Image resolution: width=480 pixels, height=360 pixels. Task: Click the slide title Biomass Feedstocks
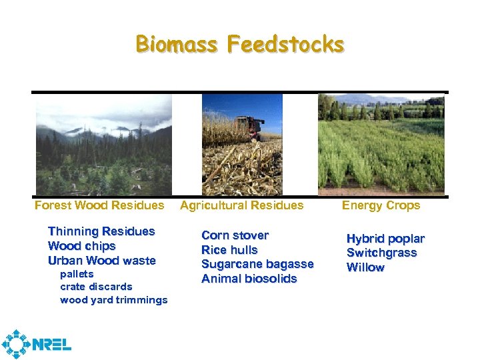click(240, 45)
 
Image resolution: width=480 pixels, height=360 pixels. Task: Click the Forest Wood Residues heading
click(99, 205)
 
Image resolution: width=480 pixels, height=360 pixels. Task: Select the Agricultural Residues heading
click(241, 205)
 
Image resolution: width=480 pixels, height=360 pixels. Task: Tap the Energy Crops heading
click(381, 205)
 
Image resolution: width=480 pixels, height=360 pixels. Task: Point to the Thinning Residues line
click(101, 231)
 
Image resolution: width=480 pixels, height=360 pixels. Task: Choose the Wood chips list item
click(81, 246)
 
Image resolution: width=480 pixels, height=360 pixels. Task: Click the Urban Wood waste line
click(101, 261)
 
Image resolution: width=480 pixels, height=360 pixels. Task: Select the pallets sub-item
click(77, 274)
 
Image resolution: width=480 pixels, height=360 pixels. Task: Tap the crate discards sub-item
click(96, 287)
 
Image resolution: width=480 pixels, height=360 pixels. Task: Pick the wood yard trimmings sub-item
click(113, 300)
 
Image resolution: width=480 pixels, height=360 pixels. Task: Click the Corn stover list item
click(235, 235)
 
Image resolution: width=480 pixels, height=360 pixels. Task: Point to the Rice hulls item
click(229, 250)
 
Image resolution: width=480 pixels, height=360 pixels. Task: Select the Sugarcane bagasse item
click(257, 265)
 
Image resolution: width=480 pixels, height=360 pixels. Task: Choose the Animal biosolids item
click(249, 279)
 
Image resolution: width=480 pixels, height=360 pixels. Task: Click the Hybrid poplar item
click(385, 239)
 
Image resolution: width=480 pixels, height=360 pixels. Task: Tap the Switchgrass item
click(381, 253)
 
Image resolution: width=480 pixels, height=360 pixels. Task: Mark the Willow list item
click(365, 267)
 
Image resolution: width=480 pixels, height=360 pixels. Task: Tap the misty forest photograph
click(103, 144)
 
